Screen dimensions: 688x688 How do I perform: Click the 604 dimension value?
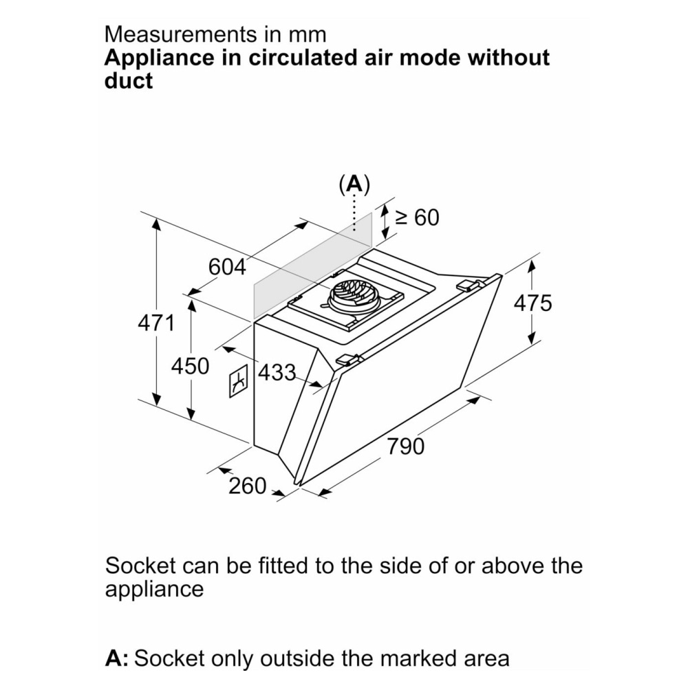click(227, 267)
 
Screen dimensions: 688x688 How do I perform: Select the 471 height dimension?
click(156, 323)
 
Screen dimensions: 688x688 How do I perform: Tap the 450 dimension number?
click(190, 367)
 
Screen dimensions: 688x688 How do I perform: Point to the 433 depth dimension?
click(277, 373)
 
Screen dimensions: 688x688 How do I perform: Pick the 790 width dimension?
click(406, 447)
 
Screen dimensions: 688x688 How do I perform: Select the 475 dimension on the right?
click(533, 303)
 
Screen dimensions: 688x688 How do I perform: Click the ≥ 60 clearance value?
click(417, 217)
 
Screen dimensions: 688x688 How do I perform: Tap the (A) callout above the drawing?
click(354, 185)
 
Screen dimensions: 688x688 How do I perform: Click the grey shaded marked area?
click(312, 266)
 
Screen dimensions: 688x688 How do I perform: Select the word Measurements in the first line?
click(180, 34)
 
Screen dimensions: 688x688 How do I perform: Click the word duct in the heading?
click(129, 81)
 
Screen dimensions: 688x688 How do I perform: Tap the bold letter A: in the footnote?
click(117, 658)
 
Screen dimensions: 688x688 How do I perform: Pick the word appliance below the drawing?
click(154, 590)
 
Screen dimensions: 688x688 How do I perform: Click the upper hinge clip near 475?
click(468, 286)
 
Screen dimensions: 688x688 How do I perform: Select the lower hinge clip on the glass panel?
click(348, 360)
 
